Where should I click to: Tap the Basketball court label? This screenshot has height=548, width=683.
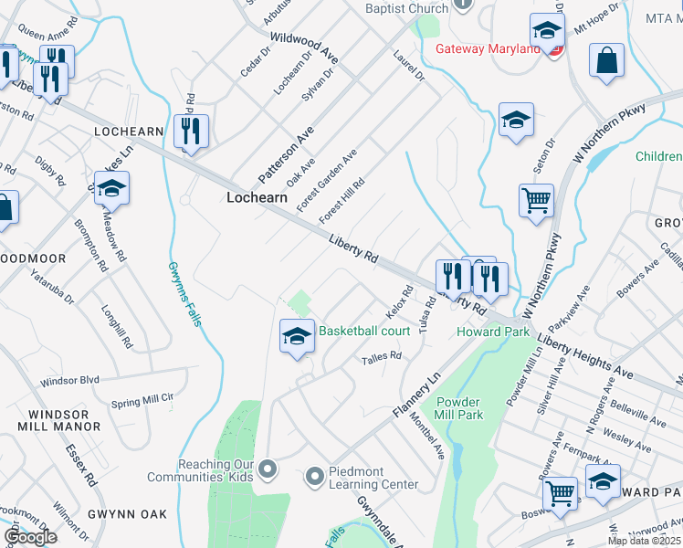coord(363,331)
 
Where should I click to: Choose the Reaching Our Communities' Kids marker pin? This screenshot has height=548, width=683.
coord(268,469)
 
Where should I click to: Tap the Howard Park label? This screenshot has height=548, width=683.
coord(493,332)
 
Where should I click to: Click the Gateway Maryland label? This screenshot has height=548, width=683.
coord(487,48)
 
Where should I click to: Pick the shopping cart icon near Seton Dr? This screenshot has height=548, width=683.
coord(536,200)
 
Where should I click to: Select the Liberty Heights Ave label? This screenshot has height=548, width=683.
coord(584,356)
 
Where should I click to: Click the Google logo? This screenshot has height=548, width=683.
coord(30,537)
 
